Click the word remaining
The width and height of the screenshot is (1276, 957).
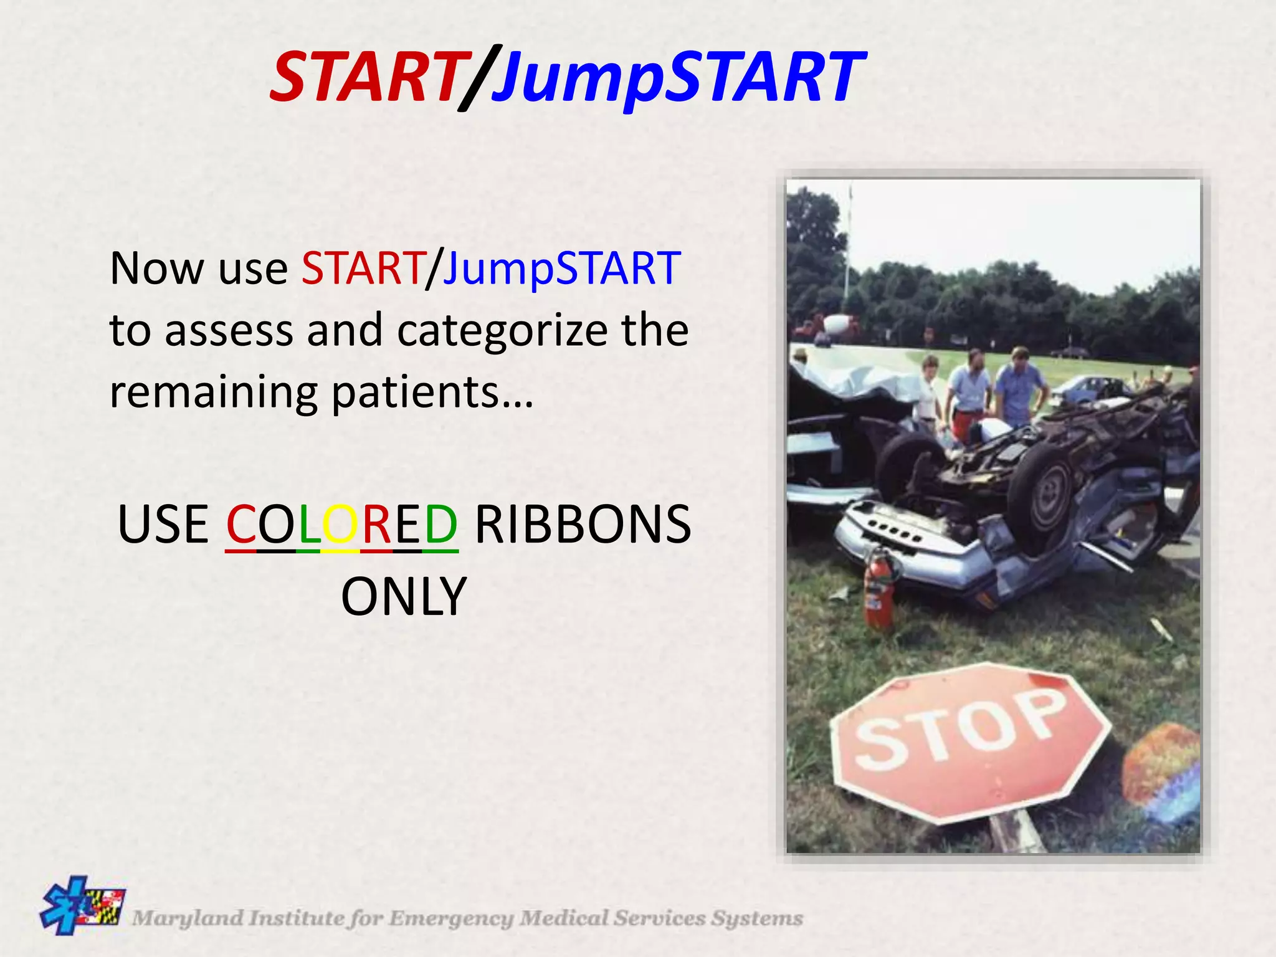[213, 392]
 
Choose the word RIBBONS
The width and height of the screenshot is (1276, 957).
[583, 524]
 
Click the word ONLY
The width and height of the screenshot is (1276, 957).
[404, 596]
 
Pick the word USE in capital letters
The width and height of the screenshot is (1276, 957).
[163, 524]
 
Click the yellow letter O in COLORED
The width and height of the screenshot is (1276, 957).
[340, 524]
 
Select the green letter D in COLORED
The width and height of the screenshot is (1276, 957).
[441, 524]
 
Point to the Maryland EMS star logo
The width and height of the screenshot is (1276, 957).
[82, 906]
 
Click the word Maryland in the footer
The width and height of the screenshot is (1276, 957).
[188, 918]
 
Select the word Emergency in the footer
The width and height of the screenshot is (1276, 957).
[451, 918]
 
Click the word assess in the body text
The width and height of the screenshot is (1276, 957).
[229, 331]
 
